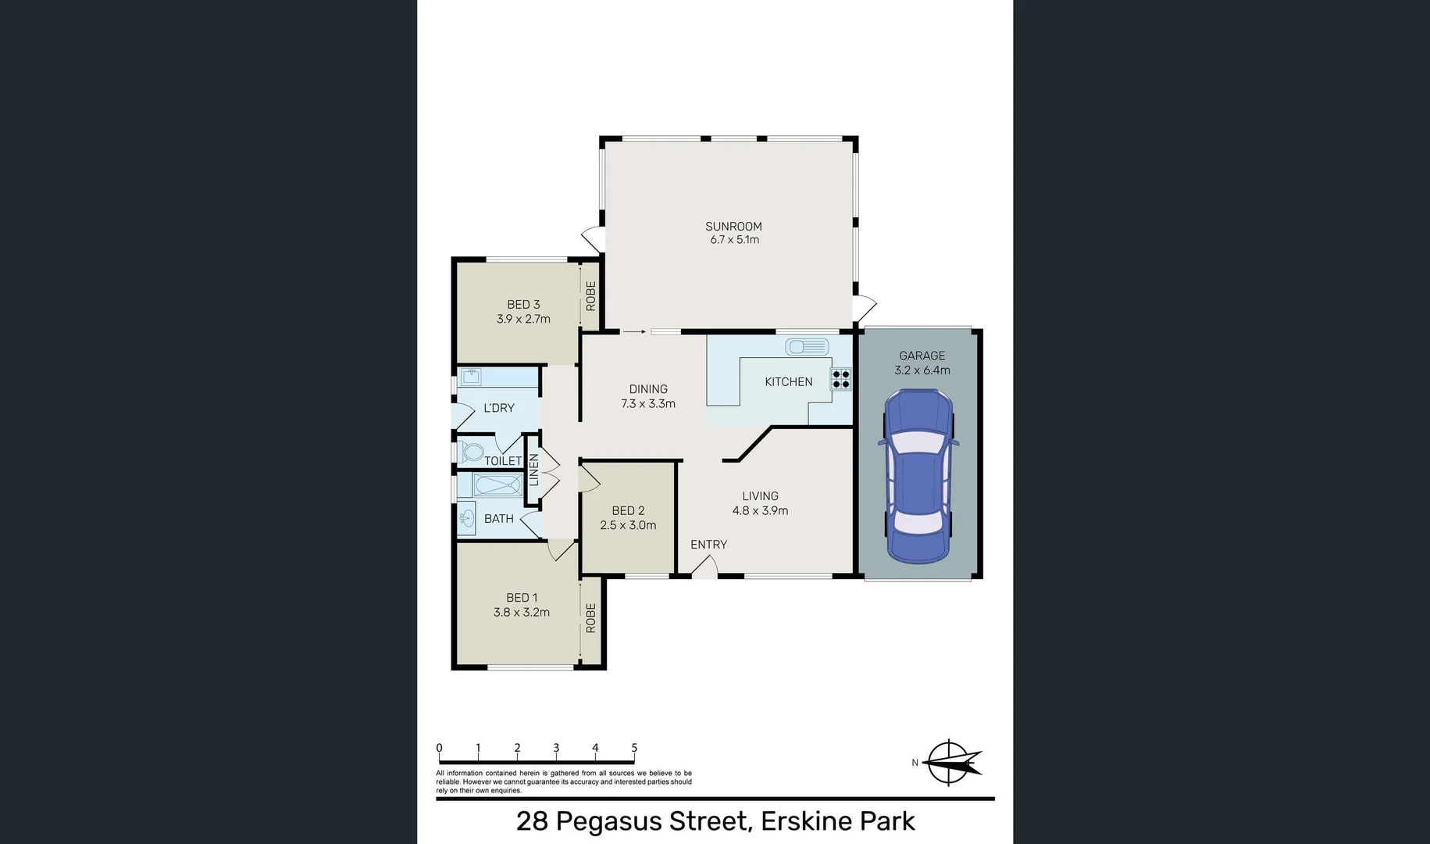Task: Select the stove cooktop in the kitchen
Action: pos(841,379)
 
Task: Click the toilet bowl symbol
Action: pos(471,452)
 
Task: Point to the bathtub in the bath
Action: pos(497,485)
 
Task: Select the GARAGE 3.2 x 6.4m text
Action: pos(922,363)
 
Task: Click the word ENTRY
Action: pos(708,545)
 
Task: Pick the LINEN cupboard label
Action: pos(534,470)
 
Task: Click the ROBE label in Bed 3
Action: pos(591,295)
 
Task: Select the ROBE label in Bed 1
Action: pos(591,617)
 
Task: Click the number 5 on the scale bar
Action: pos(634,748)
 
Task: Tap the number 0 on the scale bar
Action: pos(439,748)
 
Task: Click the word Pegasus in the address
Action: pos(650,821)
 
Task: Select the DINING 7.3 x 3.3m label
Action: pos(648,396)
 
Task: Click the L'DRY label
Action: pos(498,408)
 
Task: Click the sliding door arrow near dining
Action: pos(634,331)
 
